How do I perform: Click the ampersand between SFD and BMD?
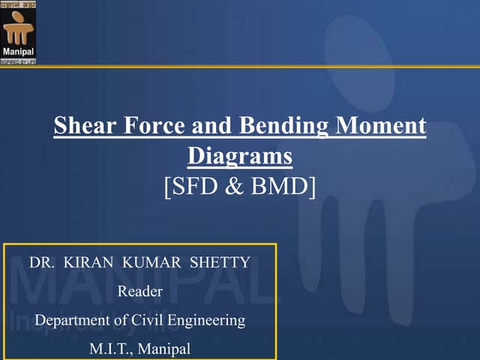coord(235,185)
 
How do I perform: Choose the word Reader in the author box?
coord(140,292)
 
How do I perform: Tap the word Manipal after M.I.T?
coord(166,348)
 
